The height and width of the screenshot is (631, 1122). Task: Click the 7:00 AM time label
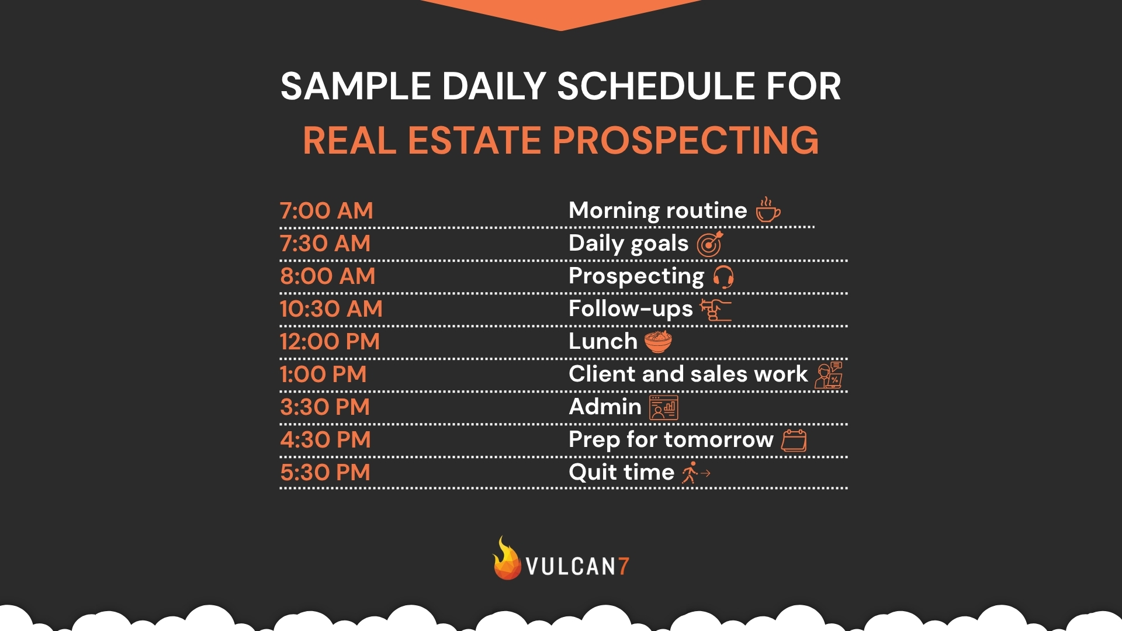(x=326, y=211)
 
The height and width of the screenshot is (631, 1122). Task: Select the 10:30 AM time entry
(x=331, y=309)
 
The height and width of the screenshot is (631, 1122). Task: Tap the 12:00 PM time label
(x=330, y=342)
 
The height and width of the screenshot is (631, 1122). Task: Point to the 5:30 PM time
(x=325, y=473)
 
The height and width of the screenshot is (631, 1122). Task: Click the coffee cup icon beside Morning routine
(x=768, y=210)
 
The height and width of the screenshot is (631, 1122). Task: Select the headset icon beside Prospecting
(x=723, y=277)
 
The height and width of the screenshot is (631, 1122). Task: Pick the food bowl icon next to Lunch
(x=658, y=342)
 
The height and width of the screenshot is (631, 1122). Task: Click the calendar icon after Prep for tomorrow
(x=794, y=441)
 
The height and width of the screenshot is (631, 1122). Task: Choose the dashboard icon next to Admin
(x=664, y=408)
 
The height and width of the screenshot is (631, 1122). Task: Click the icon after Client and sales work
(x=829, y=375)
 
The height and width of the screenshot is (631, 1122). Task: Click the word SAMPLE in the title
(x=355, y=86)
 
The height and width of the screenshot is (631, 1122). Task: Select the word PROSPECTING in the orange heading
(x=685, y=141)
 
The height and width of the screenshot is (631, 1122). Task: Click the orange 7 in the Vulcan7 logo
(x=624, y=566)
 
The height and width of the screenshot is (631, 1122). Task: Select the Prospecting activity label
(x=636, y=276)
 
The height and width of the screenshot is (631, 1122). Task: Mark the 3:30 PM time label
(x=325, y=407)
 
